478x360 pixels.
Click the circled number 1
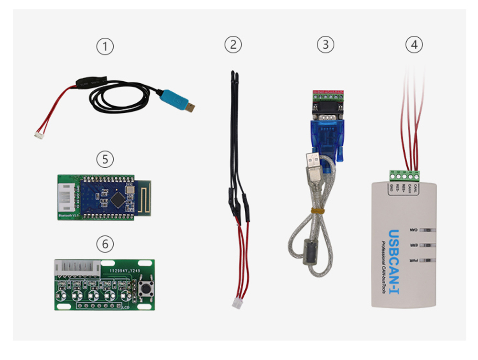pyautogui.click(x=105, y=46)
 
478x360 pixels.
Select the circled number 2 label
pyautogui.click(x=233, y=45)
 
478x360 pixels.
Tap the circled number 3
pyautogui.click(x=326, y=45)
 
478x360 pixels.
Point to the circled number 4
pyautogui.click(x=414, y=45)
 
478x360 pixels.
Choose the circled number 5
pyautogui.click(x=105, y=159)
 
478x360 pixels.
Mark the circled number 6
pyautogui.click(x=105, y=244)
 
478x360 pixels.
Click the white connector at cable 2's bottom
pyautogui.click(x=237, y=303)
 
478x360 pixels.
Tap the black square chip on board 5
pyautogui.click(x=118, y=197)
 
